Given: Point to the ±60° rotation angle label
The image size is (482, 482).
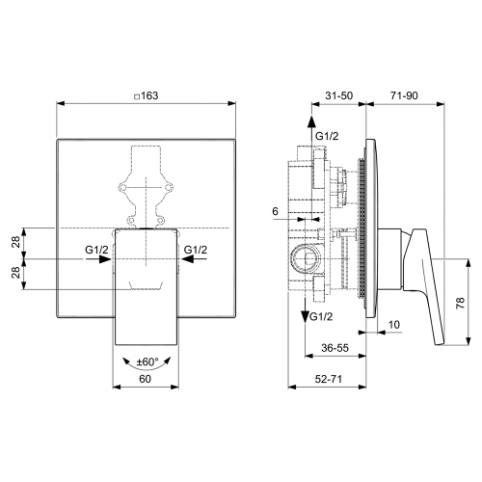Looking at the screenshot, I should pyautogui.click(x=147, y=361).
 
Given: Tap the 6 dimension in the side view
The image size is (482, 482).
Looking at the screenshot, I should pyautogui.click(x=275, y=211).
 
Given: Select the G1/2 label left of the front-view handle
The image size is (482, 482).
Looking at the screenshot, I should pyautogui.click(x=96, y=250).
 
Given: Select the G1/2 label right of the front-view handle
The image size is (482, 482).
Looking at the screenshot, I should pyautogui.click(x=196, y=250).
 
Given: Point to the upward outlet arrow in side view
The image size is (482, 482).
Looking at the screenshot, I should pyautogui.click(x=311, y=125).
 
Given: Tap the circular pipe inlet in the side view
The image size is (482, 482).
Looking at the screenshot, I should pyautogui.click(x=304, y=258).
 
